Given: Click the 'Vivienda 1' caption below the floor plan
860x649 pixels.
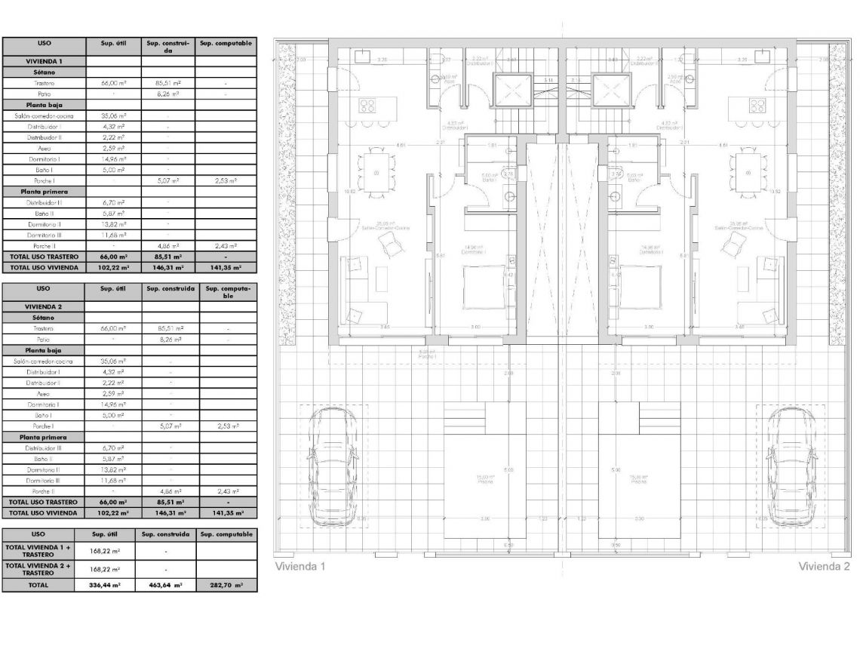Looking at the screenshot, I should (x=299, y=566).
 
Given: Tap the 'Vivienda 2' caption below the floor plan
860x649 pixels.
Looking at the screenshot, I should (x=824, y=566).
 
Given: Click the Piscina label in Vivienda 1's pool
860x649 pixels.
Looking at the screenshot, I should (x=484, y=479).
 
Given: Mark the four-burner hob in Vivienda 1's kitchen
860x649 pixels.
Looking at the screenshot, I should (x=367, y=105).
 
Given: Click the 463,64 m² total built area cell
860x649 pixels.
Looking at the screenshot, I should (x=166, y=585).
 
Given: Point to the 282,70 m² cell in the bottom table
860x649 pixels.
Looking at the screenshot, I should (x=226, y=585).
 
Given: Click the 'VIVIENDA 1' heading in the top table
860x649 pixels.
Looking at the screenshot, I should (x=45, y=60).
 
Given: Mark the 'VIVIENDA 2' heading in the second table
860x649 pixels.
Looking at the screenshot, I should (x=45, y=306).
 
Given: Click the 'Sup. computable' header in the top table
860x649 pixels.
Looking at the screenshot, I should (x=226, y=44).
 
